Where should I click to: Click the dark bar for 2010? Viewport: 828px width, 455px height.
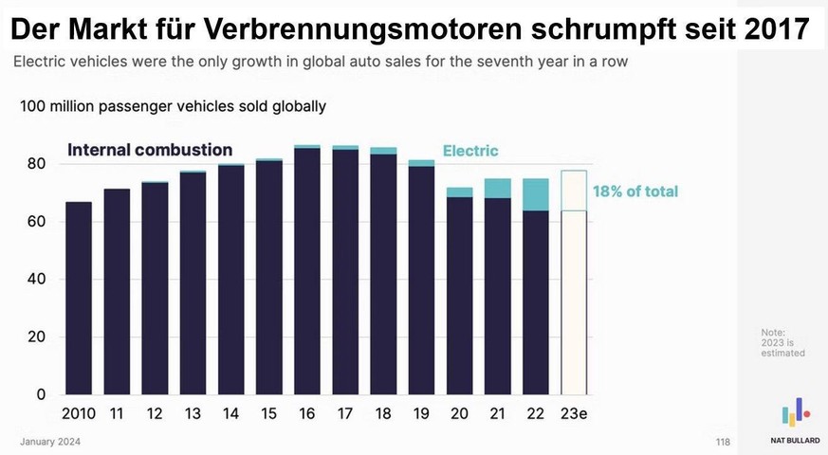coord(78,298)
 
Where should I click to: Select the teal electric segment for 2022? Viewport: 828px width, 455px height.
coord(536,194)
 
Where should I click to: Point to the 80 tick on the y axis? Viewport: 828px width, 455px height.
coord(35,164)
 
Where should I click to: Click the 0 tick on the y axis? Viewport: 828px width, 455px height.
coord(40,394)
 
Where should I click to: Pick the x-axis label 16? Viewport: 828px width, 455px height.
coord(307,413)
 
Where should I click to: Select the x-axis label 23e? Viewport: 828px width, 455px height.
coord(574,413)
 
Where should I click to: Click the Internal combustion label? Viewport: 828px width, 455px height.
coord(149,150)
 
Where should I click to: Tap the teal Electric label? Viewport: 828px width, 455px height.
coord(470,151)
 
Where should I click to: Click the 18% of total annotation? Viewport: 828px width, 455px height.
coord(635,191)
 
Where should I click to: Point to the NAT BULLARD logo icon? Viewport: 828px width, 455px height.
coord(795,412)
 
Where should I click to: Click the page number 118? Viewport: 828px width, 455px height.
coord(724,443)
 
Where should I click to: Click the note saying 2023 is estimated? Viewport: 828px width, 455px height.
coord(782,342)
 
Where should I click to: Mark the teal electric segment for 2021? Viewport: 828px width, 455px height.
coord(498,189)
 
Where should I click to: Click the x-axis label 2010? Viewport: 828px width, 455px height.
coord(78,413)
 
